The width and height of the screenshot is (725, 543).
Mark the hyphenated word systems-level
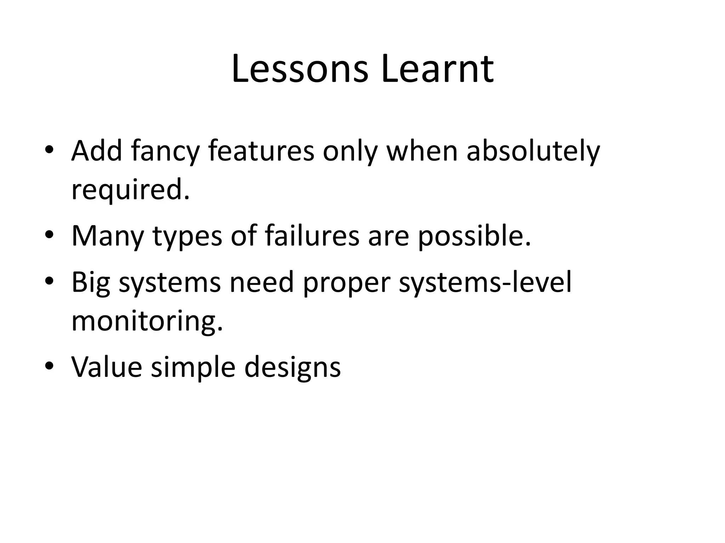click(x=485, y=283)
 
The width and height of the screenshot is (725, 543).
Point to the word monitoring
click(x=147, y=322)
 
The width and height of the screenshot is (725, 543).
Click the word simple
click(x=193, y=368)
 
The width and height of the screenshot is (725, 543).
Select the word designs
click(x=292, y=368)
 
